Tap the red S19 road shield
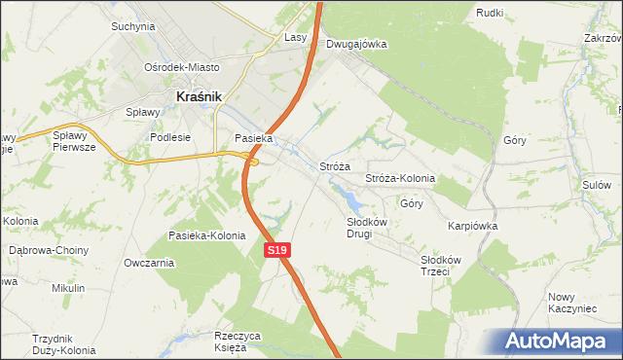[x=277, y=250]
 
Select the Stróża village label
[x=335, y=166]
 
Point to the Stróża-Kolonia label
[x=399, y=179]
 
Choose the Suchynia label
[x=133, y=26]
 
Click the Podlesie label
[x=170, y=137]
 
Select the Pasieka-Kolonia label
[x=206, y=235]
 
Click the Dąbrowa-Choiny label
[x=49, y=250]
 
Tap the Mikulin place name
[x=68, y=289]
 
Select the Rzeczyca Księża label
[x=238, y=342]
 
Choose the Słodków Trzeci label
[x=434, y=266]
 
